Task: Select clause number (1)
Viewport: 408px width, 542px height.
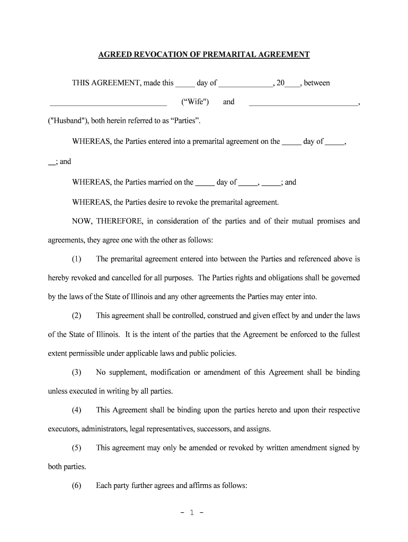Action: point(77,259)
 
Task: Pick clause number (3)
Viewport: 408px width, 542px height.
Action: point(77,372)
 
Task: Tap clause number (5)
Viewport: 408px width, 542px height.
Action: point(77,448)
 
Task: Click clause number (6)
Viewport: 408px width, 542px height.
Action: point(77,485)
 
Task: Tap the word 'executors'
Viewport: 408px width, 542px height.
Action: point(64,429)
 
